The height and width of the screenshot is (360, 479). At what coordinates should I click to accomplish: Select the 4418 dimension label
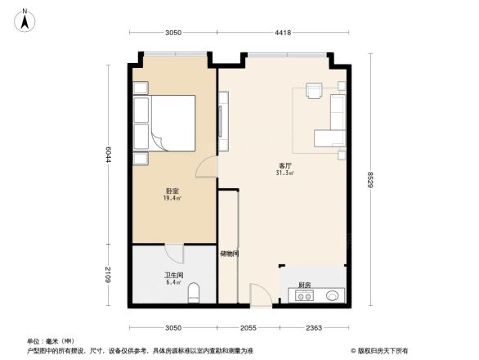[x=283, y=33]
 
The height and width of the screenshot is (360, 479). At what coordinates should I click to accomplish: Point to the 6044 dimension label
[x=109, y=153]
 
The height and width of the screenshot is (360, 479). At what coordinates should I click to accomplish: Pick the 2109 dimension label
[x=109, y=276]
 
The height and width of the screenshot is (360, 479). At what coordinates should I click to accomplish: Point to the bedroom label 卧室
[x=171, y=191]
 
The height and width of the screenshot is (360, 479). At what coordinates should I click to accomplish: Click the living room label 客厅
[x=285, y=166]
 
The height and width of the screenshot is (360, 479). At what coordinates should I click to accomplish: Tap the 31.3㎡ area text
[x=285, y=173]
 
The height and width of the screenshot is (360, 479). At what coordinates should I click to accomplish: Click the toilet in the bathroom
[x=193, y=293]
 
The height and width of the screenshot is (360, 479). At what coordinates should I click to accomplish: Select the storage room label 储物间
[x=229, y=254]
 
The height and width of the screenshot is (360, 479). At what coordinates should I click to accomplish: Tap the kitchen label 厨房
[x=304, y=285]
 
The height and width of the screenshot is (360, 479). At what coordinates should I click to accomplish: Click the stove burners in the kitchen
[x=304, y=296]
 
